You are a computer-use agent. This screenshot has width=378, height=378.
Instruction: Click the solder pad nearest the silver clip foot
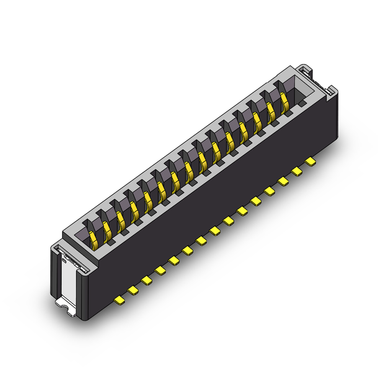(120, 301)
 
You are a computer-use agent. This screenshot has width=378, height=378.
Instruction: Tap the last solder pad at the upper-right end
(311, 161)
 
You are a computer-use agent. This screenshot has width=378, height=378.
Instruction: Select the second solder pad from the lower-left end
(134, 290)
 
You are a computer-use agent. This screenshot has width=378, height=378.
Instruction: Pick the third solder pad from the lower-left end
(147, 281)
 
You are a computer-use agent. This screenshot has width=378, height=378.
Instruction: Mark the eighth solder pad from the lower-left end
(216, 231)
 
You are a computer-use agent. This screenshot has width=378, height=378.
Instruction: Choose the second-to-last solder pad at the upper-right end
(298, 171)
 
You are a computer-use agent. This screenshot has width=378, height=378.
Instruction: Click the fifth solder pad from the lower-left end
(175, 260)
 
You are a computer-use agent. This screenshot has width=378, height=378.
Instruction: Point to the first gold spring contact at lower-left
(93, 237)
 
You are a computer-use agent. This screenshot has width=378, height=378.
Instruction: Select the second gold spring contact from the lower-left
(107, 228)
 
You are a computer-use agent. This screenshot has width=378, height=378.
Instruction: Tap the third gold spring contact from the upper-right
(258, 119)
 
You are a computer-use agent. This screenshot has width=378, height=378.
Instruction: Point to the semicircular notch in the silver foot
(63, 305)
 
